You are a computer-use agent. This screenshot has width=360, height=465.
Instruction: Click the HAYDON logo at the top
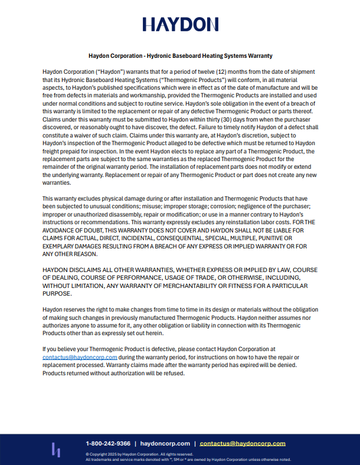(x=180, y=24)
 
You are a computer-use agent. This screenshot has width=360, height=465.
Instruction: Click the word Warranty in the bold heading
(x=258, y=56)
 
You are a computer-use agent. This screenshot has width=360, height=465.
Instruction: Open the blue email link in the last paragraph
(x=80, y=357)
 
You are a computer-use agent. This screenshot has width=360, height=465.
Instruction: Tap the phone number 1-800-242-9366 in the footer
(x=108, y=443)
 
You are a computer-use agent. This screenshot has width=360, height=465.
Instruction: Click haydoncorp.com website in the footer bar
(x=165, y=443)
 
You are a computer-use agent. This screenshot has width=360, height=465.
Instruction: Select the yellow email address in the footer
(x=243, y=443)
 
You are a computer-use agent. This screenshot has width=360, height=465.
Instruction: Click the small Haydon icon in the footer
(x=56, y=450)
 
